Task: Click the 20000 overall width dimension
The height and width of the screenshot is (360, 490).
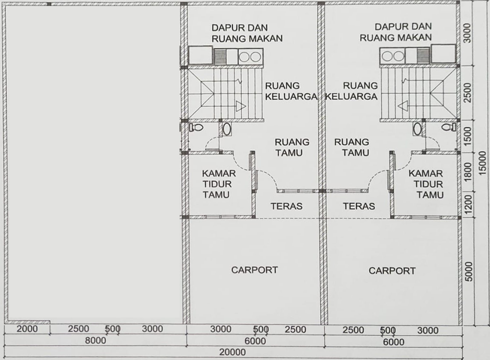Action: pyautogui.click(x=234, y=352)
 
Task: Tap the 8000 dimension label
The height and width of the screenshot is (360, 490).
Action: pyautogui.click(x=95, y=341)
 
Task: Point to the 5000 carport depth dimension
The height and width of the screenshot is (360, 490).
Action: pyautogui.click(x=468, y=270)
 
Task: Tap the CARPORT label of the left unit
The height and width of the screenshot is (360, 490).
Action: pyautogui.click(x=254, y=270)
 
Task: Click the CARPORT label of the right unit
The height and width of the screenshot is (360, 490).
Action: pyautogui.click(x=392, y=270)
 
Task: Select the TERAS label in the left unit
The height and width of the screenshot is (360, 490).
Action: pyautogui.click(x=286, y=206)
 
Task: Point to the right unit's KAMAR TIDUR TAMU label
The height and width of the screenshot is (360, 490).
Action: pyautogui.click(x=426, y=184)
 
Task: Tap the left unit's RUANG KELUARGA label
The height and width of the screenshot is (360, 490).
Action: pyautogui.click(x=291, y=91)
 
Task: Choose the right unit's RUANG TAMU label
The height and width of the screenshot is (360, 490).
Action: pyautogui.click(x=352, y=147)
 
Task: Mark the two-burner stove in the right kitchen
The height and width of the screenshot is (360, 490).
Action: pyautogui.click(x=393, y=56)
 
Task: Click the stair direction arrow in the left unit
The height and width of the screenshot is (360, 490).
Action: pyautogui.click(x=241, y=106)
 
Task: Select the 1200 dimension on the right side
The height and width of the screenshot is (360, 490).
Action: pyautogui.click(x=468, y=204)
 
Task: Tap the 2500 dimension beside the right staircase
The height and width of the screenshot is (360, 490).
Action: pyautogui.click(x=468, y=93)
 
